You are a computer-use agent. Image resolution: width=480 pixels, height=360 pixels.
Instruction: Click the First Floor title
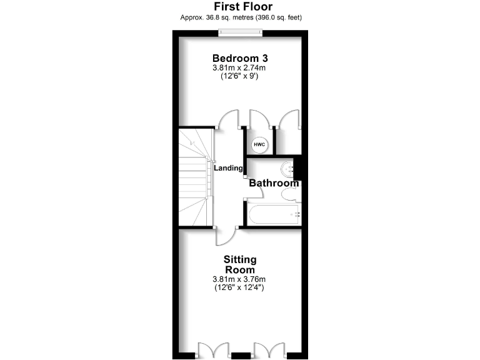(x=239, y=6)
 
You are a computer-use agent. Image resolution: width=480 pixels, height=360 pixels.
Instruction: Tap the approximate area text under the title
(x=239, y=17)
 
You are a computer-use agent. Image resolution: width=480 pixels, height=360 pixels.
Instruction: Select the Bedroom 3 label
(x=240, y=57)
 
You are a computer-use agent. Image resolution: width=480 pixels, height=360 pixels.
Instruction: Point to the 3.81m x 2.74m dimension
(x=240, y=68)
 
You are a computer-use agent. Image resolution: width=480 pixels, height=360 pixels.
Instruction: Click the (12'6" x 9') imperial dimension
(x=240, y=77)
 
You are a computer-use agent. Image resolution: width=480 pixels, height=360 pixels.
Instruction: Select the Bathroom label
(x=274, y=183)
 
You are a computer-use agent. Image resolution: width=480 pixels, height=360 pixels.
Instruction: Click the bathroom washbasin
(x=288, y=168)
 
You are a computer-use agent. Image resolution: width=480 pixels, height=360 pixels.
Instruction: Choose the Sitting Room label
(x=240, y=264)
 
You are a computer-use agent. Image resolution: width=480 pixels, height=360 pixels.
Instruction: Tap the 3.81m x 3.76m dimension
(x=240, y=279)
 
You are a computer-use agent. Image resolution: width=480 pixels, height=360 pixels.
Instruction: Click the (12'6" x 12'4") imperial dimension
(x=240, y=288)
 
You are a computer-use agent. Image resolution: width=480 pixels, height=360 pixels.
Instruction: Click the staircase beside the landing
(x=194, y=178)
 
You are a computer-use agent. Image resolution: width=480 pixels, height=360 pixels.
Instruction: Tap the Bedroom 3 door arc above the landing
(x=227, y=119)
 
